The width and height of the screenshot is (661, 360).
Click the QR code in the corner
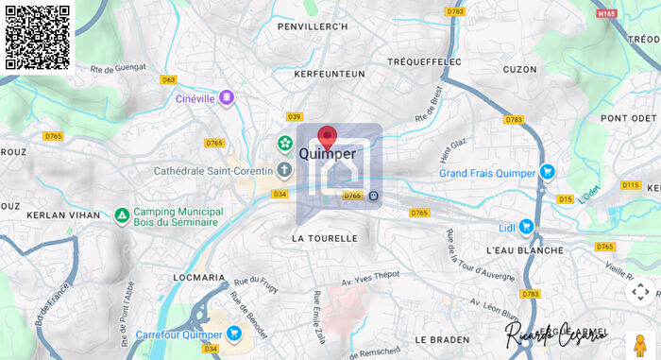click(38, 38)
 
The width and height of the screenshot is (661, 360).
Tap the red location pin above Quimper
click(327, 138)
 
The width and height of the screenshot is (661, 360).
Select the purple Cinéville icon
click(227, 97)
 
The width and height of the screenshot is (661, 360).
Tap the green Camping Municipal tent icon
click(122, 215)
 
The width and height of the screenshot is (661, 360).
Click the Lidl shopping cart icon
click(526, 227)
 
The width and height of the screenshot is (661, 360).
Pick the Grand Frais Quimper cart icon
click(547, 173)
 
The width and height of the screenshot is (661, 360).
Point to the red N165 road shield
click(607, 14)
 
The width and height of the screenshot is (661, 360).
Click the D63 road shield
click(169, 80)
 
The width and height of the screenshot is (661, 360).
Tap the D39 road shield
click(294, 117)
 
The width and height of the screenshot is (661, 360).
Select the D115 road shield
click(631, 185)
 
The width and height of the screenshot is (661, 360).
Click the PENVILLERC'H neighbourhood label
click(313, 26)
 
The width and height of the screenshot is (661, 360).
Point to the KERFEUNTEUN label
click(329, 73)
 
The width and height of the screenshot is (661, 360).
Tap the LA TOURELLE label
click(325, 239)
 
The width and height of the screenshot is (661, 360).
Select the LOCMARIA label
click(199, 278)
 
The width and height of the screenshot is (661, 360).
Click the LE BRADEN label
click(442, 339)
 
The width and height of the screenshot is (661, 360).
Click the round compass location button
click(640, 292)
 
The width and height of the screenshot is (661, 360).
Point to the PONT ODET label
click(629, 118)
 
